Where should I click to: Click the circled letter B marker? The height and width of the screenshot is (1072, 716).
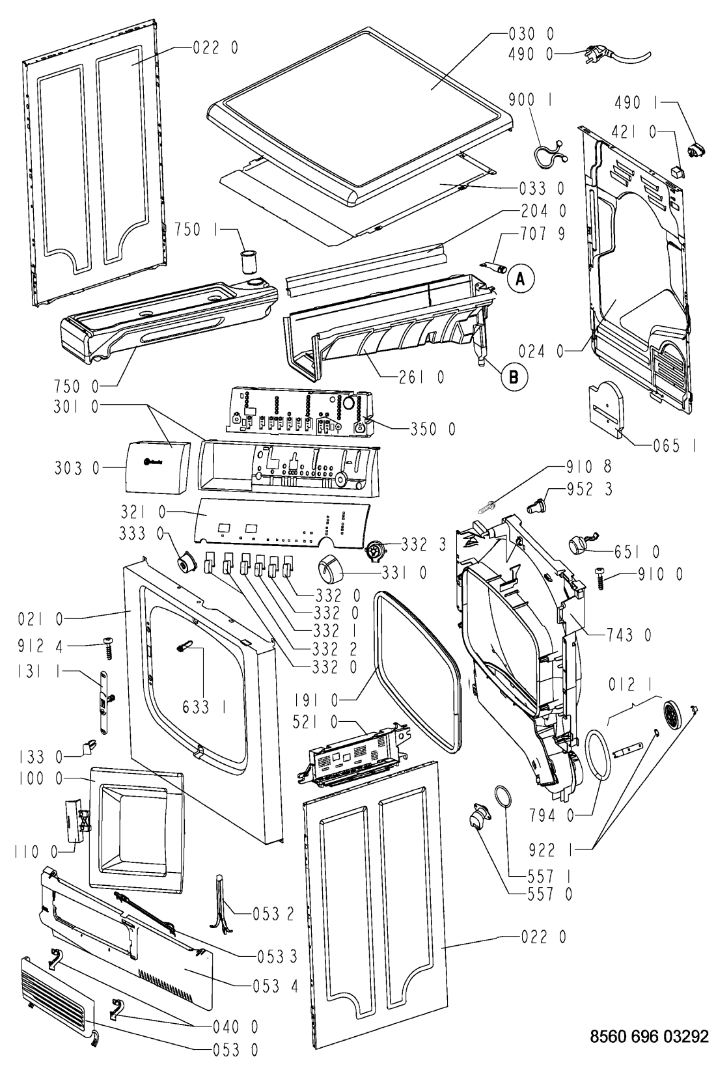point(514,376)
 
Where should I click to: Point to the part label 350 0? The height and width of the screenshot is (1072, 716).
point(432,429)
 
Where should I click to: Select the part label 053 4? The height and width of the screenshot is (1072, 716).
point(275,985)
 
